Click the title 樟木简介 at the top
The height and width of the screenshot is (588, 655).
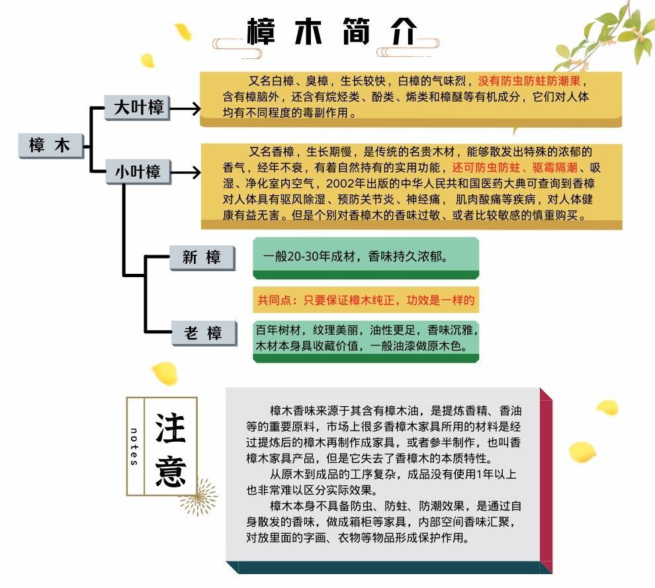(333, 31)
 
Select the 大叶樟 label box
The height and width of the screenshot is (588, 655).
(138, 108)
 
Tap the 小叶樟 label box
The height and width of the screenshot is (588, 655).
(138, 172)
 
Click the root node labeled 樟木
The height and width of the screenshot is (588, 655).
(50, 145)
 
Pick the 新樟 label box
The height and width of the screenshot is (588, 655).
(202, 257)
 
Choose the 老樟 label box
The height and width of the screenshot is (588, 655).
(202, 333)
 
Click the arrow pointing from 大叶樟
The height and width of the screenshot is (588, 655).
(186, 108)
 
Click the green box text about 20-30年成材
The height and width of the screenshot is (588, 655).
(355, 257)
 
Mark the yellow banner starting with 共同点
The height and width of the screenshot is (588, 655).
(366, 300)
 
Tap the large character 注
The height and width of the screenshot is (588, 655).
(171, 426)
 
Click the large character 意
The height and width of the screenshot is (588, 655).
(171, 470)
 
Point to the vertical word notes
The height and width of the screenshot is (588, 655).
(134, 446)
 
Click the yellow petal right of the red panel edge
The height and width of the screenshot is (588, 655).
(582, 452)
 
